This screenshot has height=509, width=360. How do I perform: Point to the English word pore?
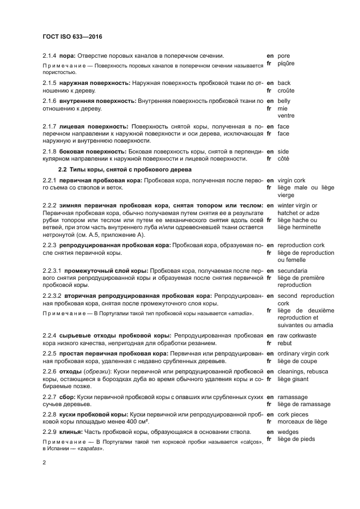[x=284, y=56]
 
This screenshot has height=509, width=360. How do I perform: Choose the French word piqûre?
[x=286, y=63]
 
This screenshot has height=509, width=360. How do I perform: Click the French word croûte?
[x=286, y=90]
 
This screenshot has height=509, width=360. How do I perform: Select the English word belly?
[x=284, y=101]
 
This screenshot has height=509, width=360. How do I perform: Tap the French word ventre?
[x=286, y=115]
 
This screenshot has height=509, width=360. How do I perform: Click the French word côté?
[x=283, y=158]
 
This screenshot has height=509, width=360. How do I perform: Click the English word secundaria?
[x=292, y=271]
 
